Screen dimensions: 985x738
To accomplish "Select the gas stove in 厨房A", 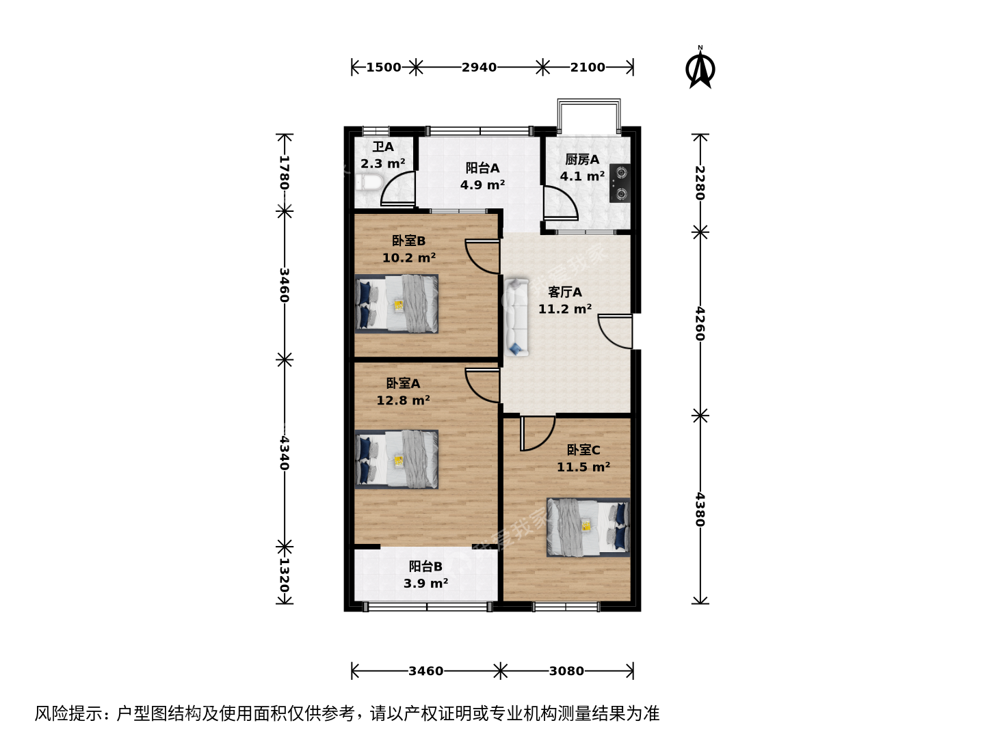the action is [x=620, y=183].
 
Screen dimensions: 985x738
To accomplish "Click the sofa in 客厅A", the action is [x=516, y=317].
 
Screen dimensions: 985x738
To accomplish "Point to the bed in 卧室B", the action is [x=397, y=304].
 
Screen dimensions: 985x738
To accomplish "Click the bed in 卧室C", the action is [x=588, y=528].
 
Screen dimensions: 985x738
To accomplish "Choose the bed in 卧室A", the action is [x=397, y=459].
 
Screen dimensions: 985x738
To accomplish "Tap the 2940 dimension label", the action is [x=480, y=67].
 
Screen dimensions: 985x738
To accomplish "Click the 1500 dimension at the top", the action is [x=384, y=67].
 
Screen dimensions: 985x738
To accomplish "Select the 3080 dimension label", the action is [x=567, y=671].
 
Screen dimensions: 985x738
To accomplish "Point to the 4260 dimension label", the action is [x=700, y=323].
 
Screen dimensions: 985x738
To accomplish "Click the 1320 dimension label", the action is [x=284, y=575].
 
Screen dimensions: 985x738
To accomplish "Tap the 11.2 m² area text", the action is [x=565, y=309].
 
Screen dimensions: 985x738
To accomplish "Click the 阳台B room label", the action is [x=425, y=566].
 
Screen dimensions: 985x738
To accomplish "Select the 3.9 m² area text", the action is [x=425, y=583].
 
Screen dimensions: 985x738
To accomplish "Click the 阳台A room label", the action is [x=482, y=168].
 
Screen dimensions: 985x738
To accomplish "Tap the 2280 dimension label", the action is [x=700, y=183].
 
